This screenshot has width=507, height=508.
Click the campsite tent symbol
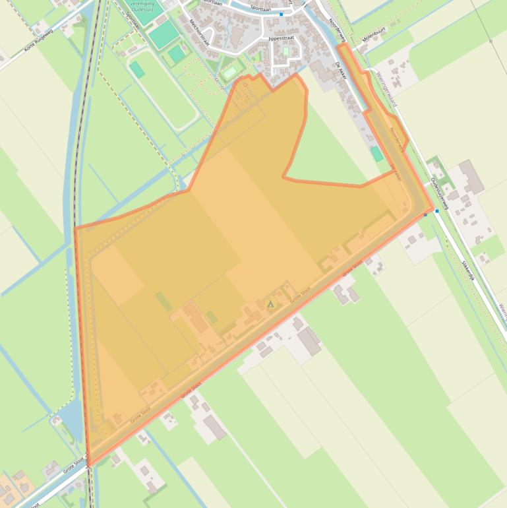click(270, 304)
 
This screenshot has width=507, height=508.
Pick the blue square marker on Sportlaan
click(281, 14)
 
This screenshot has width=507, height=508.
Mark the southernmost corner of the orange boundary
click(88, 464)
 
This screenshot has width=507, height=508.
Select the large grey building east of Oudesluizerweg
click(471, 176)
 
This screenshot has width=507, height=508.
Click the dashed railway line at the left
click(78, 165)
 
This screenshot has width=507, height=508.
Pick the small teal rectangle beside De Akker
click(376, 154)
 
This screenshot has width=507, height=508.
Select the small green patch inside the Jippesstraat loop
click(285, 51)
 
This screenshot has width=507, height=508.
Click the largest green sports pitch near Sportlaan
click(163, 34)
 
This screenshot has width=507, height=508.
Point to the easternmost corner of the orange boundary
click(433, 210)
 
